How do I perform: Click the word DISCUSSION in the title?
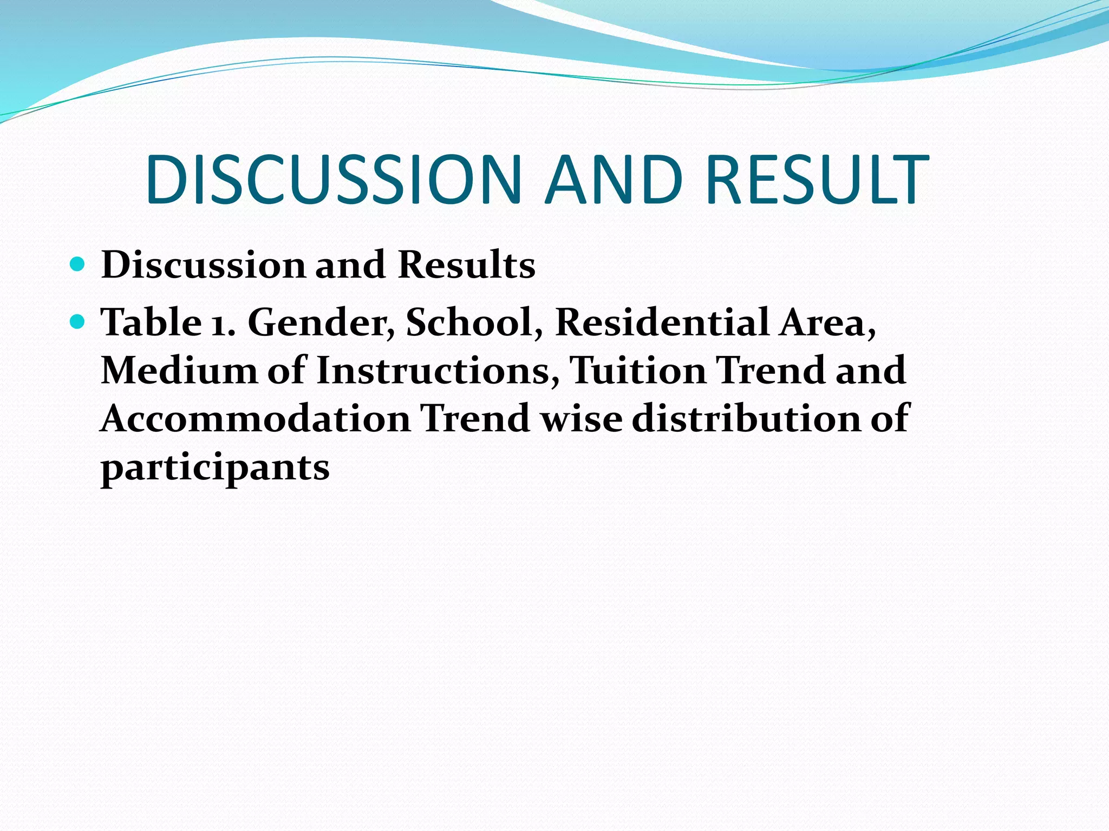(x=333, y=180)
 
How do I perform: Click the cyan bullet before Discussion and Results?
(x=78, y=265)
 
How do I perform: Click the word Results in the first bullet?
(x=466, y=265)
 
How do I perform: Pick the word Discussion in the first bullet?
(x=204, y=265)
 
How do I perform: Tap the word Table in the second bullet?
(x=151, y=322)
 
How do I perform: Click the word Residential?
(x=662, y=322)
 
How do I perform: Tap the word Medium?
(x=179, y=371)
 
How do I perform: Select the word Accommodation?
(x=256, y=419)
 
